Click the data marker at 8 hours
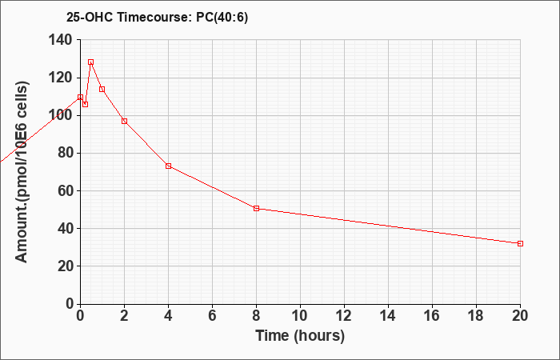257,208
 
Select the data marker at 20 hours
520,243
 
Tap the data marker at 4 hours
169,166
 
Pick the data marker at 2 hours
124,121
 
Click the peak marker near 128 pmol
90,62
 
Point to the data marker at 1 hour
102,89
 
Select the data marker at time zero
80,97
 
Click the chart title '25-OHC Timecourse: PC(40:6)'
157,18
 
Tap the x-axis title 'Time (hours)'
300,336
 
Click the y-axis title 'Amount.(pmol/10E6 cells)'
22,172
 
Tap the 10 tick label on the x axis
300,316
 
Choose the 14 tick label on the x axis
388,316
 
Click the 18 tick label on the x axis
476,316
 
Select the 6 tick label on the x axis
213,316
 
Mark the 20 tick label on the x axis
520,316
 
